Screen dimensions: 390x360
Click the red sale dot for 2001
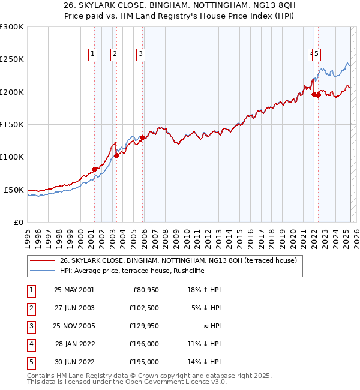point(94,169)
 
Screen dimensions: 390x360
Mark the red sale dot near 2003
point(116,155)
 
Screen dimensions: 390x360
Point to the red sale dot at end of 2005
point(143,137)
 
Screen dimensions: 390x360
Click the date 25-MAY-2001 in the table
point(74,290)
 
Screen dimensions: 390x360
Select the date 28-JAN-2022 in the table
point(74,344)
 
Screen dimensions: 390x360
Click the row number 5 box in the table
point(30,362)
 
